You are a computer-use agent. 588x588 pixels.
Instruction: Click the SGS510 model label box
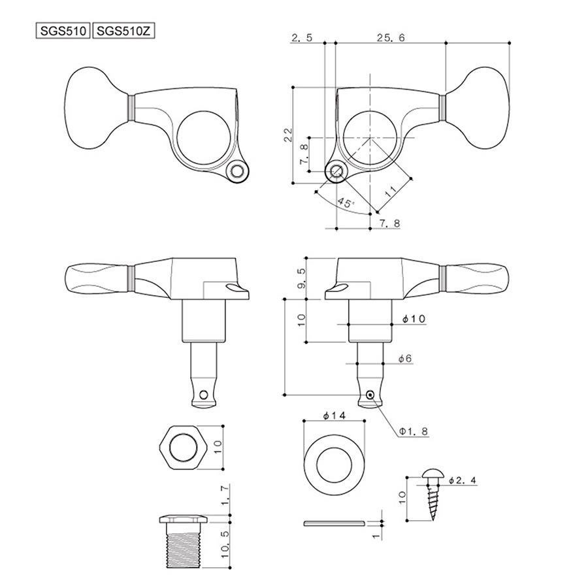(64, 31)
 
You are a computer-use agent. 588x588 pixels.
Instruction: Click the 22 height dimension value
(287, 135)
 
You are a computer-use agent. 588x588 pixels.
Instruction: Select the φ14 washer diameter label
(333, 416)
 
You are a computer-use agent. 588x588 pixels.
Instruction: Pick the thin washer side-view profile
(334, 523)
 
